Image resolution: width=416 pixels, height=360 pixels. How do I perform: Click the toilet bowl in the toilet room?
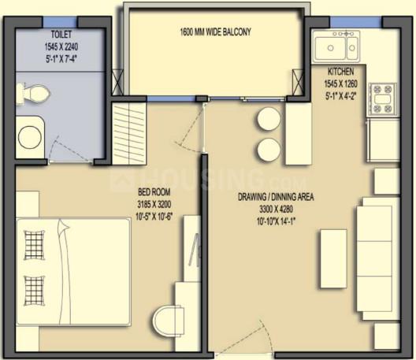coord(33,94)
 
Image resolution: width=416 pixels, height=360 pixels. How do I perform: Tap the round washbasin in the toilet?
coord(30,137)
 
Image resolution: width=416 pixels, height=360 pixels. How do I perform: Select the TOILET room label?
coord(61,34)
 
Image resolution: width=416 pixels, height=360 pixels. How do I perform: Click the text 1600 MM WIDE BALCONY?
coord(215,32)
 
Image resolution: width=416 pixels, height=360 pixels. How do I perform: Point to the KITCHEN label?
coord(340,72)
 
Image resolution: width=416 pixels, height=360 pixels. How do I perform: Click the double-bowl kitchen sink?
coord(336,46)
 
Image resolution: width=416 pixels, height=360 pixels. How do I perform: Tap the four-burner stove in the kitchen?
coord(382,99)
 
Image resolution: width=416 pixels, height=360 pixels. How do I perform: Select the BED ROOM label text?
coord(154,191)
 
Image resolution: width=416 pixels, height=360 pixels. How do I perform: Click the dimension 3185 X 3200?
coord(154,204)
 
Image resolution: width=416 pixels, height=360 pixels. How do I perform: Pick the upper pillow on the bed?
coord(34,245)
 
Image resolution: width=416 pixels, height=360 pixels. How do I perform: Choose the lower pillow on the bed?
coord(34,291)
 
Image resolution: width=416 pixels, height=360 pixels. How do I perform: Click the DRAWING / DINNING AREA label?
coord(276,197)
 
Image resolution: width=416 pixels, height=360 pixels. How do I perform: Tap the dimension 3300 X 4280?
coord(276,210)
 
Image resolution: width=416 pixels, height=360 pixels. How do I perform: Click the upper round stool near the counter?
coord(269,119)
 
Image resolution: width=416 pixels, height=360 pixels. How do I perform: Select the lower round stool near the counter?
coord(269,150)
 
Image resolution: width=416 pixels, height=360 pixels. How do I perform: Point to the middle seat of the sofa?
coord(374,258)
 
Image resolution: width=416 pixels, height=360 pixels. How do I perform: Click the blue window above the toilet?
coord(60,22)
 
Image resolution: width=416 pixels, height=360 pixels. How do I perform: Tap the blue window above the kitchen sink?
coord(356,22)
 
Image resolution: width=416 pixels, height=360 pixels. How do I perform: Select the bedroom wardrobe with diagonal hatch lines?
coord(129,133)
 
